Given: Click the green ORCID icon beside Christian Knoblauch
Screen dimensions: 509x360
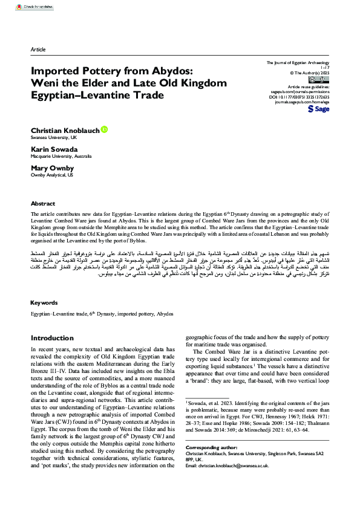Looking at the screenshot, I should [104, 129].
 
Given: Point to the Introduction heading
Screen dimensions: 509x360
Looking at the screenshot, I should [52, 338].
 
